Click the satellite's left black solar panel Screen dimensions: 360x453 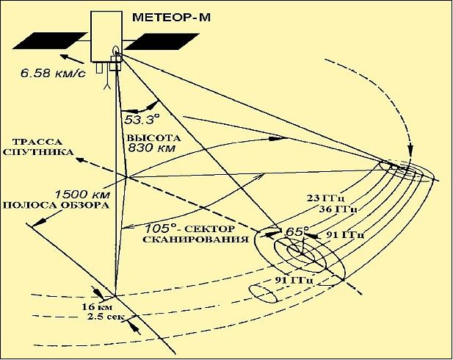point(49,41)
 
